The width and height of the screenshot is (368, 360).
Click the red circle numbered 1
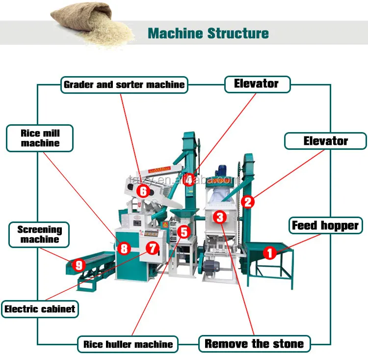269,253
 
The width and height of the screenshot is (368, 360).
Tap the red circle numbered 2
248,201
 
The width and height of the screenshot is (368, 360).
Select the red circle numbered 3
220,217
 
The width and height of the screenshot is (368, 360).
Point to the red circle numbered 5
184,231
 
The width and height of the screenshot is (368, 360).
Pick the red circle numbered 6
143,191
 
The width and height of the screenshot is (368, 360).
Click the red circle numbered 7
153,249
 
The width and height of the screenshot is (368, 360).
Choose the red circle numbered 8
124,249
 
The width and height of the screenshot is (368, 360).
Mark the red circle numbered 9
79,265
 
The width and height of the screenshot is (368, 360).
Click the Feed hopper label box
325,225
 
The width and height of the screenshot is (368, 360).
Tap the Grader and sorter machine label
124,84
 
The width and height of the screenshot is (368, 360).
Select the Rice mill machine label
40,138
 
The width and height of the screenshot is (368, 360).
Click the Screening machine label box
40,234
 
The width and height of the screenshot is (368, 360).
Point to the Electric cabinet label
40,309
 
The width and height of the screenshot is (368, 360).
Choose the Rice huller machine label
128,344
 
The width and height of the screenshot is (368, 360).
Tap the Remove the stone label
254,343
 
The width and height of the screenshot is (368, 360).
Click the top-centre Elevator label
257,84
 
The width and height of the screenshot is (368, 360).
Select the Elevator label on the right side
325,141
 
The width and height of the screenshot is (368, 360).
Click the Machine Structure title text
208,33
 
